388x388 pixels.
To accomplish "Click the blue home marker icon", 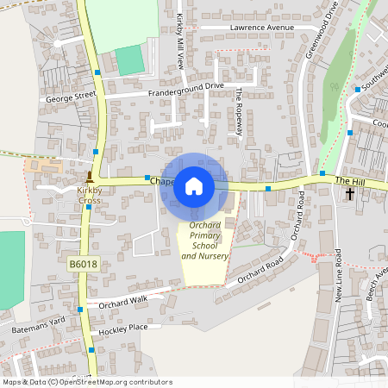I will click(x=194, y=185).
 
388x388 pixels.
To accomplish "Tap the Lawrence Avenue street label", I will click(x=261, y=28).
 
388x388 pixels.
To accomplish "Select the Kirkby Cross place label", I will click(x=90, y=195).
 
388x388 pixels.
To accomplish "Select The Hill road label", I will click(x=351, y=180).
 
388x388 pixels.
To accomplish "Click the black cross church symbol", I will click(x=350, y=193).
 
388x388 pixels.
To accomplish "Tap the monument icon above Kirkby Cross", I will click(x=90, y=176).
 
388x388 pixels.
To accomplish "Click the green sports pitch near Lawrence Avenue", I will click(x=129, y=60).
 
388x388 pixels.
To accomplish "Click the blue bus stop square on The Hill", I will click(x=269, y=188).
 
